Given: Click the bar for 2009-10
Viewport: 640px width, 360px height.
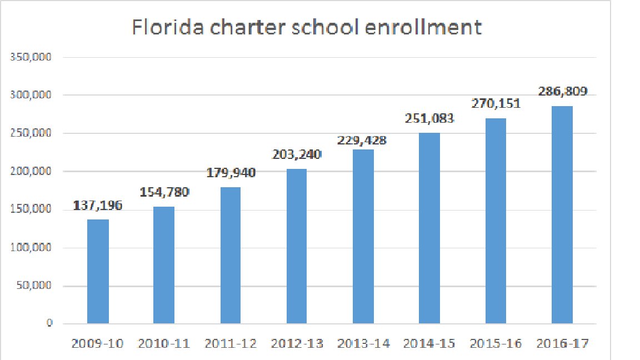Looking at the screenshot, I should [x=98, y=271].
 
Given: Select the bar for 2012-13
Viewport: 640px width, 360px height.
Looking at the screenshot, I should [x=297, y=246].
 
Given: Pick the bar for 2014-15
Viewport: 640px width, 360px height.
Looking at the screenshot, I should [x=429, y=228].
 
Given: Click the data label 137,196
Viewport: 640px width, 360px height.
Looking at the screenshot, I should [x=98, y=206].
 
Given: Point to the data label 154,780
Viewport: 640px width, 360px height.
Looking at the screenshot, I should [x=164, y=192].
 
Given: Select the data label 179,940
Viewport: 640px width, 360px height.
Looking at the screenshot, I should [x=230, y=173].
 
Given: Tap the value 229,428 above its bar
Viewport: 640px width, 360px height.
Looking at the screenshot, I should [x=362, y=141].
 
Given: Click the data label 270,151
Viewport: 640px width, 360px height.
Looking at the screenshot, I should [x=495, y=103].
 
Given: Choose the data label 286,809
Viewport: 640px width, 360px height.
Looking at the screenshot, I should [x=562, y=91].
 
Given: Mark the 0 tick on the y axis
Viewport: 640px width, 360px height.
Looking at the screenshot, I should [x=49, y=323].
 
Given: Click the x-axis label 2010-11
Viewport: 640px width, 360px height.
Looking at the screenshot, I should [x=164, y=344].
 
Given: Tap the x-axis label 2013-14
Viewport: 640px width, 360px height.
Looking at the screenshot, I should [x=363, y=344].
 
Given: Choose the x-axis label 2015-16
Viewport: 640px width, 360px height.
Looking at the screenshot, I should [x=496, y=344].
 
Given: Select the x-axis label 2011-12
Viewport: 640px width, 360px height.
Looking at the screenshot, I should [x=231, y=344].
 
